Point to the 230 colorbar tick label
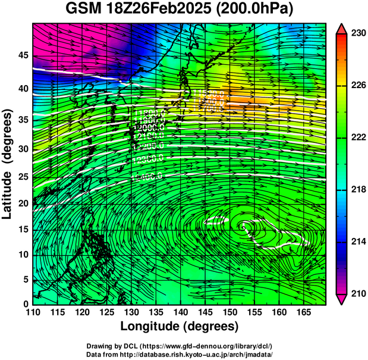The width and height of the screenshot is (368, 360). (x=358, y=34)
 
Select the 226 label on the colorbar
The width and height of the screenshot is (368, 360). (x=358, y=86)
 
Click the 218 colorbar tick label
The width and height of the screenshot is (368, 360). (x=358, y=190)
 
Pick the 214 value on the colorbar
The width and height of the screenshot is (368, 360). (x=358, y=242)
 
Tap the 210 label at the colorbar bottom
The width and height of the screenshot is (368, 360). (x=358, y=293)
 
